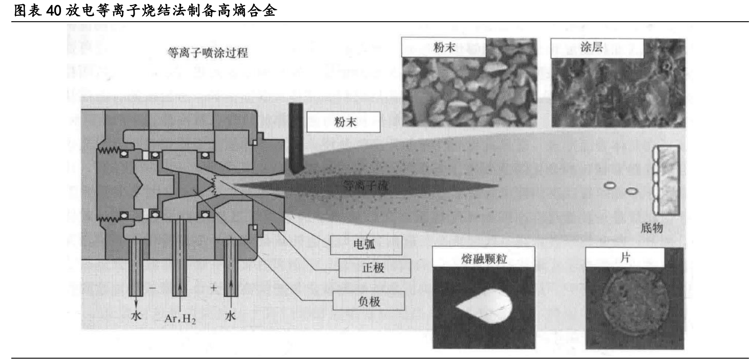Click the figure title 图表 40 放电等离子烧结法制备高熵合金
click(145, 10)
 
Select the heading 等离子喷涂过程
click(207, 53)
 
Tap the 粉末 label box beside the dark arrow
click(343, 122)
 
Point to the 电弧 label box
click(365, 245)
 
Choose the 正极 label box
click(374, 268)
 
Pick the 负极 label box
click(368, 301)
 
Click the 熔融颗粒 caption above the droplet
click(483, 258)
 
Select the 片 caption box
click(624, 257)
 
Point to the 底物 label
click(651, 228)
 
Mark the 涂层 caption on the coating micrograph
click(591, 47)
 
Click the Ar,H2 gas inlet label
click(180, 319)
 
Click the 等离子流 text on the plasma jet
click(365, 185)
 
